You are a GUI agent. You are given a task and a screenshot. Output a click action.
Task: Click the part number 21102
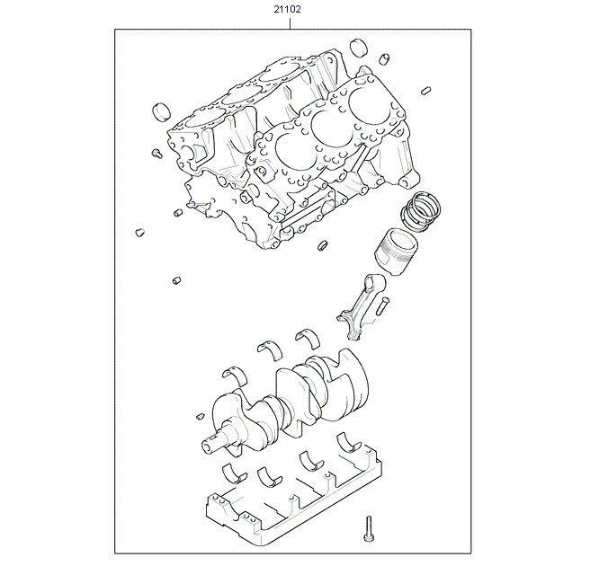click(x=287, y=9)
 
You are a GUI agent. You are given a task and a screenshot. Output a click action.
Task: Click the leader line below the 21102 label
click(x=290, y=22)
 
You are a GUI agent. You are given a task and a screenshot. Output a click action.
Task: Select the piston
click(x=396, y=252)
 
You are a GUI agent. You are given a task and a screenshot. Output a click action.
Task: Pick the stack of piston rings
click(x=420, y=211)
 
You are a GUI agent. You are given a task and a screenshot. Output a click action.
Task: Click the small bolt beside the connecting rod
click(x=382, y=305)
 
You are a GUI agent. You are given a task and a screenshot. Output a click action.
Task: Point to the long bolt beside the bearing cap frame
click(x=369, y=528)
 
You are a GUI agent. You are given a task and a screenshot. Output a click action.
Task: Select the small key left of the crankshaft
click(x=200, y=417)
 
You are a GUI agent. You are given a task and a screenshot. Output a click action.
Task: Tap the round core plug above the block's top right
click(x=358, y=48)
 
